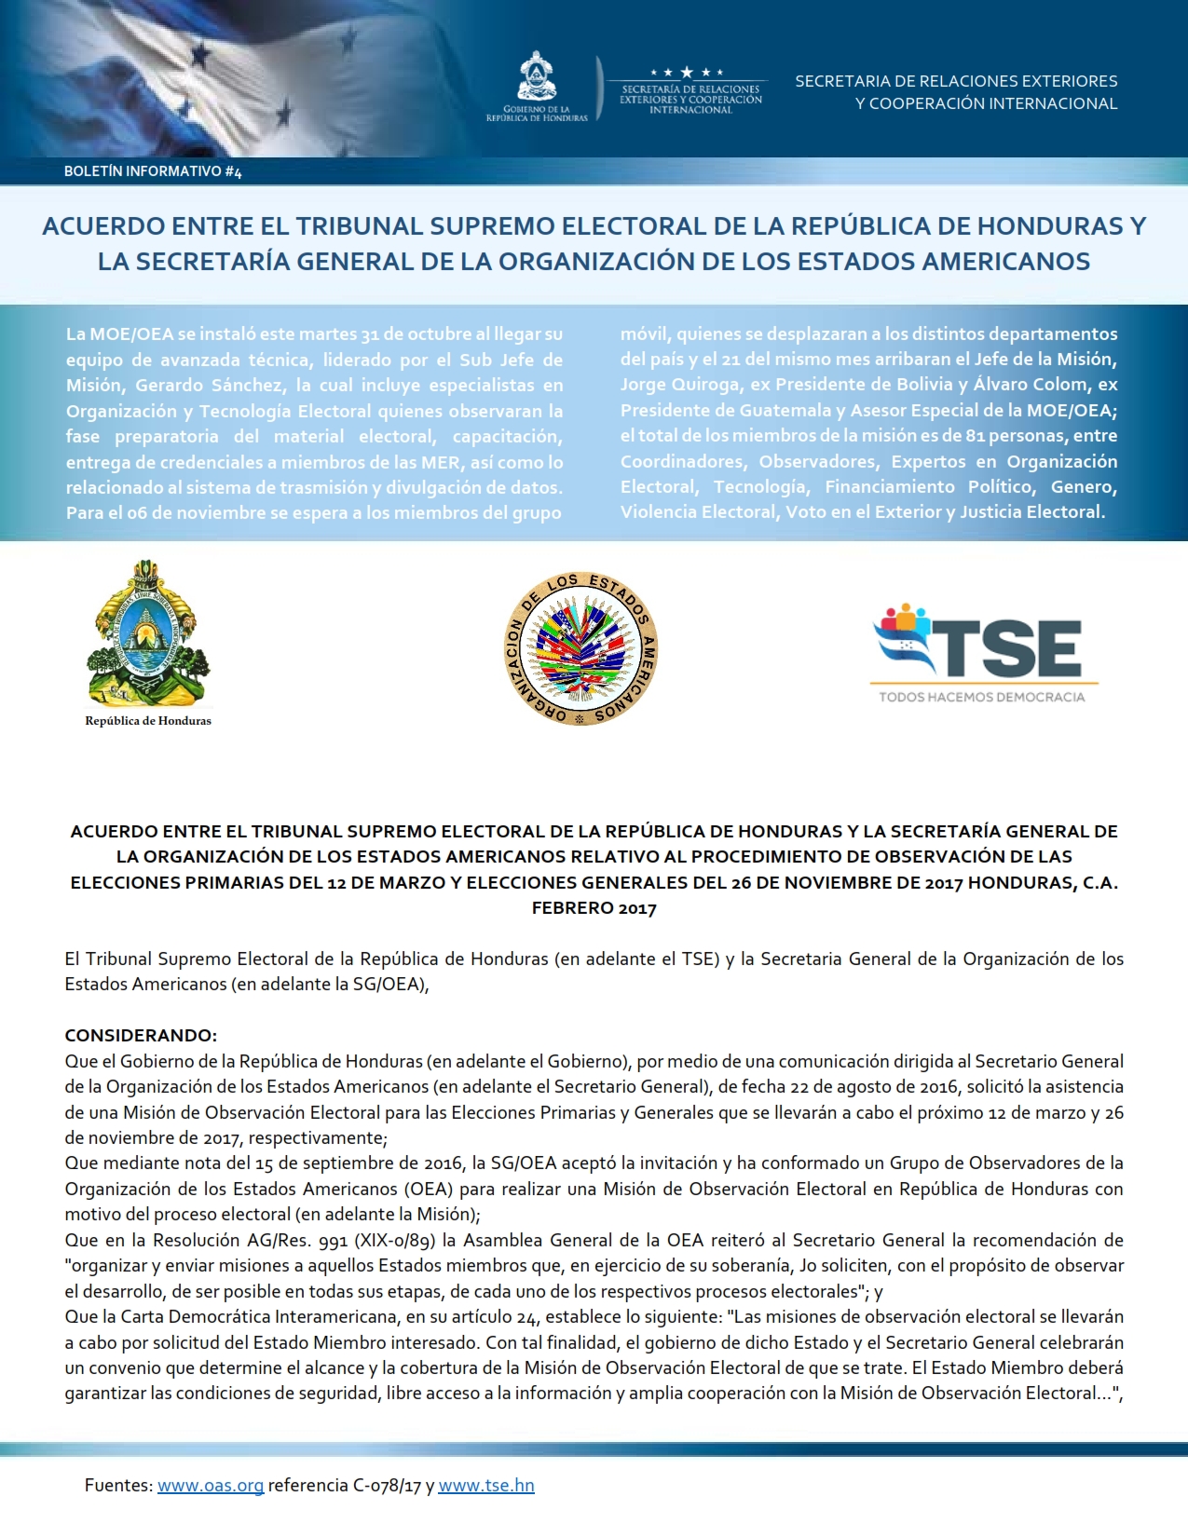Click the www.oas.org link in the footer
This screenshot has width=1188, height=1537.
click(211, 1485)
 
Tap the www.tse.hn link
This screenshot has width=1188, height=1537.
click(486, 1485)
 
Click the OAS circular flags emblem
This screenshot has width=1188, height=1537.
click(581, 648)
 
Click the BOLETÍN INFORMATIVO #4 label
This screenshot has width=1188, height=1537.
click(153, 171)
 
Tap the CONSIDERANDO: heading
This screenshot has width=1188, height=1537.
click(141, 1035)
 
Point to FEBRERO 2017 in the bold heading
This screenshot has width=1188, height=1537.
click(594, 908)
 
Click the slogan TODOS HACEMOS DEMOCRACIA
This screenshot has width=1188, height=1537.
click(982, 697)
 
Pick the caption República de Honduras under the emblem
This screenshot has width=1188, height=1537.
click(148, 720)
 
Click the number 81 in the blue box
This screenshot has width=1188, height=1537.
click(975, 435)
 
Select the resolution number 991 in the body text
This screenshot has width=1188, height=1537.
click(332, 1240)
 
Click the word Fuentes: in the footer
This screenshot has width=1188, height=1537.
click(118, 1485)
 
